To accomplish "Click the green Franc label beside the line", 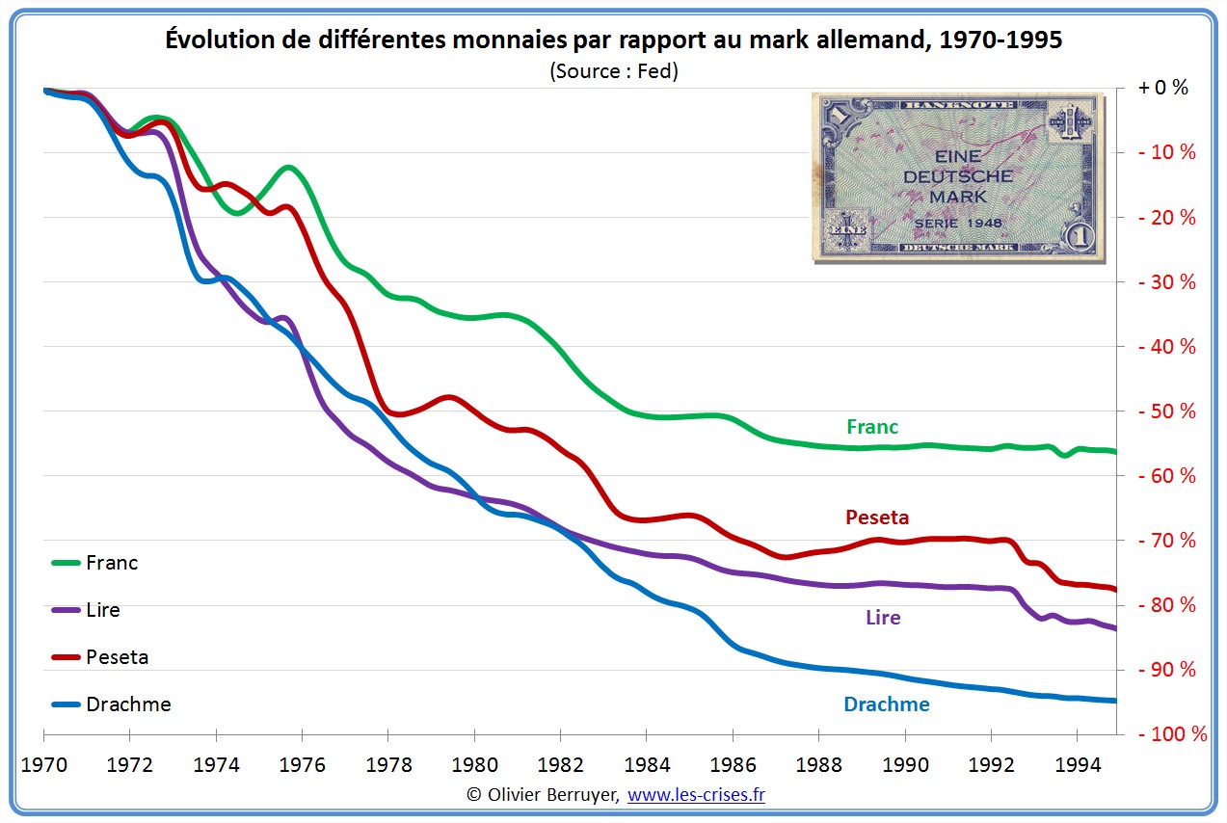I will pos(871,427).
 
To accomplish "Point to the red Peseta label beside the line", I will pos(876,518).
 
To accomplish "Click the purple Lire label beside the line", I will pos(883,618).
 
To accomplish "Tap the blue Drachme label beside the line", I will pos(886,704).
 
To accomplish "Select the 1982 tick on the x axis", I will pos(561,765).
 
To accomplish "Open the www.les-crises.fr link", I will pos(696,795).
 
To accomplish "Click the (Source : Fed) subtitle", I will pos(613,71).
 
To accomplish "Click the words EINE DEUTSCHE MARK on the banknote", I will pos(957,176).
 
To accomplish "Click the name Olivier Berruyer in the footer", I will pos(554,795).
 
